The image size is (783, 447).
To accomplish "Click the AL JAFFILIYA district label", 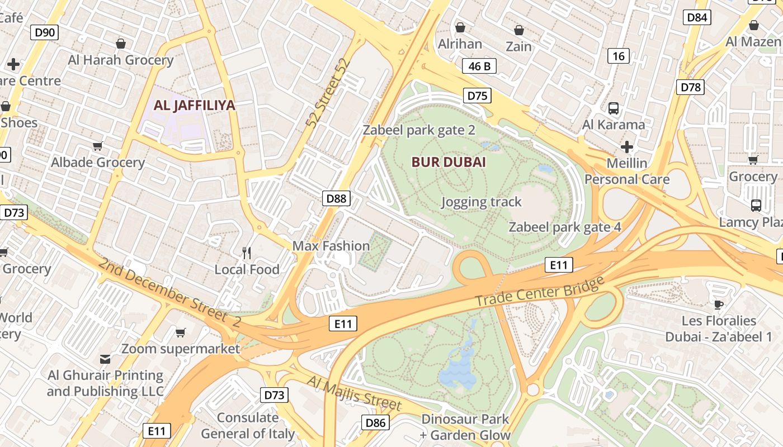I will click(194, 105).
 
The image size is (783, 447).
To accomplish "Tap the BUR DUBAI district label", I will click(449, 162).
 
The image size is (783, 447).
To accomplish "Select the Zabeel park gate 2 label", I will click(419, 130).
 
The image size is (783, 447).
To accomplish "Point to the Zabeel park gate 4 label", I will click(565, 227).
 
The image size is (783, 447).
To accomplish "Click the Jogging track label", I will click(481, 202).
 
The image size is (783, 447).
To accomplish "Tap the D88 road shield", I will click(337, 198).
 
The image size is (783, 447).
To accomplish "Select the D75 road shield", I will click(477, 96).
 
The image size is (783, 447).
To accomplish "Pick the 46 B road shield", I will click(479, 66).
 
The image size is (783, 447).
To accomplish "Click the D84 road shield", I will click(697, 17).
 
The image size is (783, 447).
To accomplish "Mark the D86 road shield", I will click(375, 422).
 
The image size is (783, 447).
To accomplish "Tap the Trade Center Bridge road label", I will click(540, 291).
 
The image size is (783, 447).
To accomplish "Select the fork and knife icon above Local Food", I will click(247, 253).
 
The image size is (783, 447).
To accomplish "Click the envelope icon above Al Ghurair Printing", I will click(105, 359).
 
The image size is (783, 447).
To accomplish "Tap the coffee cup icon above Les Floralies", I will click(719, 305).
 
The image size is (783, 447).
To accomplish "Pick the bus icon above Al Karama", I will click(613, 108).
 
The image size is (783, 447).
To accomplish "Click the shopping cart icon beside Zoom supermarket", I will click(180, 333).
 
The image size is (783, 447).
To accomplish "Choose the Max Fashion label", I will click(331, 246).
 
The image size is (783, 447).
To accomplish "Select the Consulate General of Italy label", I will click(247, 425).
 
